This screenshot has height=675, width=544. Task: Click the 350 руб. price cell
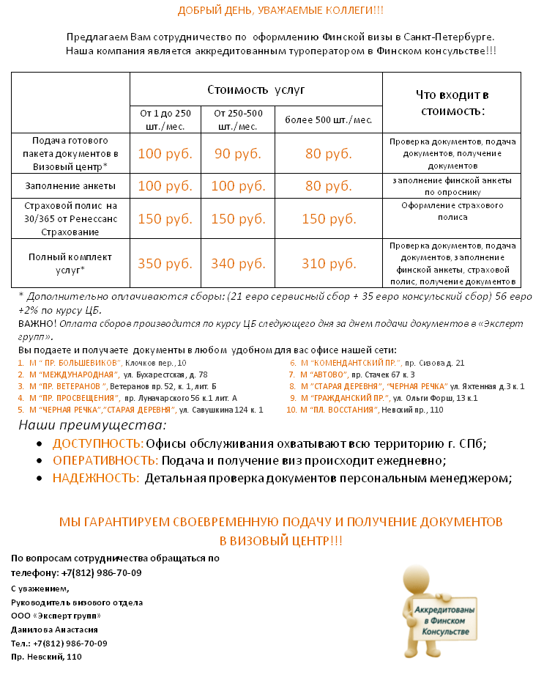pos(165,263)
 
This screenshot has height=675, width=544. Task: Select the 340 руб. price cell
pos(238,263)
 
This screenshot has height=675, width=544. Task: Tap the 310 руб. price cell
pos(329,263)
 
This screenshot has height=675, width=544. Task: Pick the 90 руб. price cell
pos(238,154)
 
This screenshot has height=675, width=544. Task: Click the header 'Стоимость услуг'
pos(256,90)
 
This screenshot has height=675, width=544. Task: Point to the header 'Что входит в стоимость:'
pos(452,103)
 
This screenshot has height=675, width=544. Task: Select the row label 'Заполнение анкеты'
pos(70,185)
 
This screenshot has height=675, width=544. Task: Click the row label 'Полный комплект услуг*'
pos(70,264)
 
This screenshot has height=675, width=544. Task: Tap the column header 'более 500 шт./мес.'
pos(329,119)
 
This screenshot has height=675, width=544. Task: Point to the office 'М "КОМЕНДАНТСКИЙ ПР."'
pos(350,363)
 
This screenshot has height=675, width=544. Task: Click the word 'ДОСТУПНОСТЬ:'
pos(97,444)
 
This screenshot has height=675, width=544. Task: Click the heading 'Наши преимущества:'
pos(92,426)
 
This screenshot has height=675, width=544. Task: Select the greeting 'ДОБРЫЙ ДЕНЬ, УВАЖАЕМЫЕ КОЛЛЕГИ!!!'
pos(280,10)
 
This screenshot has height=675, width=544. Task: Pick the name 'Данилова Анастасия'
pos(54,629)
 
